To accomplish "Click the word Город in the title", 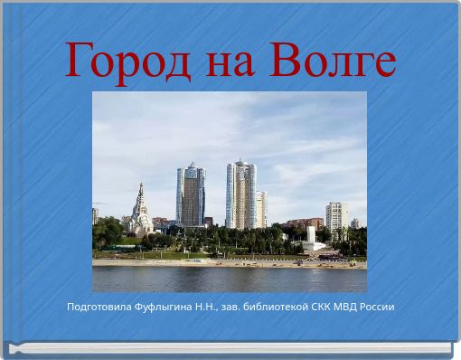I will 127,61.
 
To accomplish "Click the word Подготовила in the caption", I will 98,307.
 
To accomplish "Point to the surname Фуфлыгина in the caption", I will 165,307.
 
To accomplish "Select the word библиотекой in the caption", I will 279,307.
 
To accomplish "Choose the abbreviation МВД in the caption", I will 351,307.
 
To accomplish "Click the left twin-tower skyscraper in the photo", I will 190,196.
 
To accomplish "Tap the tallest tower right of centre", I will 240,194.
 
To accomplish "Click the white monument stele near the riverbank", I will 310,237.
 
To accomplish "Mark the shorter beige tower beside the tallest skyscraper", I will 260,209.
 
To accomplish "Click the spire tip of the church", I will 141,185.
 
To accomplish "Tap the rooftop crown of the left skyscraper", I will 191,167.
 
